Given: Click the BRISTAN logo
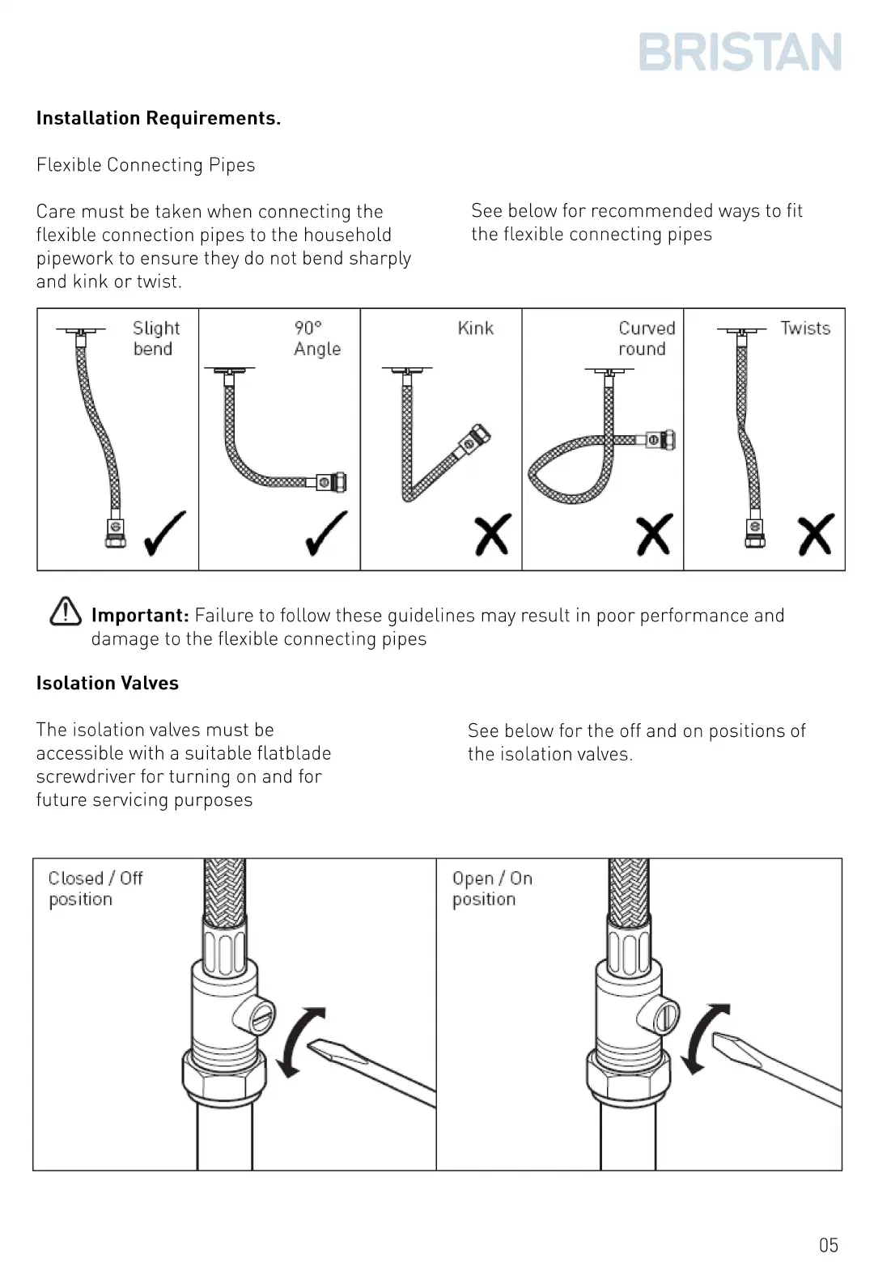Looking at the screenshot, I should [x=740, y=52].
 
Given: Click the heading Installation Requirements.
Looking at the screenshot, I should [x=159, y=118].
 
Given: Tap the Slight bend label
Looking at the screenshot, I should [x=155, y=338].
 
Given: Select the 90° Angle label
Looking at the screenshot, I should [x=316, y=338].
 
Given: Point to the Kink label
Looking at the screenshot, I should [x=475, y=328].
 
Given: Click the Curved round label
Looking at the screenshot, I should [x=646, y=338].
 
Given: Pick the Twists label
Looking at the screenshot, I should [x=805, y=328].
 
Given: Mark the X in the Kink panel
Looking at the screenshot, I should [x=492, y=534].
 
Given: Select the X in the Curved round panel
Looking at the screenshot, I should [x=654, y=534].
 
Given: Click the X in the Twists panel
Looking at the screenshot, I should [x=815, y=534].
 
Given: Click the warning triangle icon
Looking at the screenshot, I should [x=66, y=612].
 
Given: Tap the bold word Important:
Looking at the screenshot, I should [x=140, y=616].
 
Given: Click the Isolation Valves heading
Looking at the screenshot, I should [x=108, y=684].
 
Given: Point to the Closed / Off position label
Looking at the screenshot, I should [x=95, y=888].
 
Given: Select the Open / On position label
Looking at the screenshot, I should [x=491, y=888].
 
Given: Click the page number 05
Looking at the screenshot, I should [x=828, y=1245].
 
